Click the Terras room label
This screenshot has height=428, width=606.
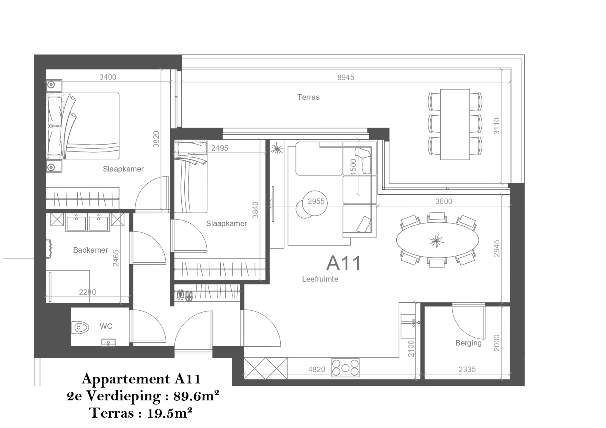[308, 97]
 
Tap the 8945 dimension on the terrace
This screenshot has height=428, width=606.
[346, 77]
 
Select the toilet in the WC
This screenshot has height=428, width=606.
[80, 328]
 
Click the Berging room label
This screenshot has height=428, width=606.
[468, 343]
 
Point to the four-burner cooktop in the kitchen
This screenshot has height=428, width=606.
[345, 368]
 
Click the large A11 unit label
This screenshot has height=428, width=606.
[343, 263]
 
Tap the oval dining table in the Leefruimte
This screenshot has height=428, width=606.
[437, 240]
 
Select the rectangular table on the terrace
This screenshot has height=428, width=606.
[455, 124]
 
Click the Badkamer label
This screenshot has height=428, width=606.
[90, 250]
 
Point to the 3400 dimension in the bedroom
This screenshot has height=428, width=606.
[108, 77]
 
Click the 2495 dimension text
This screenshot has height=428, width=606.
[219, 148]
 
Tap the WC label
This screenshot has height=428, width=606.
[106, 326]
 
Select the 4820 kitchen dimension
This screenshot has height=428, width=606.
[317, 369]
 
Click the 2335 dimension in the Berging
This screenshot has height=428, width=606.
[467, 369]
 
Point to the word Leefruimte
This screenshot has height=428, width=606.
[320, 279]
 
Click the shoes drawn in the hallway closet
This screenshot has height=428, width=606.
[185, 295]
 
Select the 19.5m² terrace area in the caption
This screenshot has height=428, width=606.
[170, 413]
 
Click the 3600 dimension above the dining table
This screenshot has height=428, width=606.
[444, 201]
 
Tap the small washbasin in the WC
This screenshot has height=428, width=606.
[108, 342]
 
